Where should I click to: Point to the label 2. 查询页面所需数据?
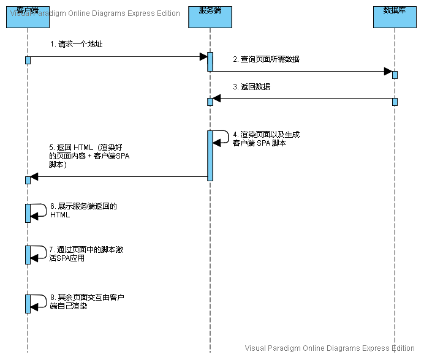(266, 59)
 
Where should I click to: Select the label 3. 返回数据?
(251, 87)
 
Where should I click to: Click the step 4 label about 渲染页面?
(266, 138)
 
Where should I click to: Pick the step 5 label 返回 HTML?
(89, 156)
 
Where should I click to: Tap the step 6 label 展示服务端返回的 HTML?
(83, 211)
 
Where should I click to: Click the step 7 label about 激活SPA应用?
(86, 253)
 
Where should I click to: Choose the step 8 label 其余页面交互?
(86, 301)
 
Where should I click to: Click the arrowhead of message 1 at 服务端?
(203, 57)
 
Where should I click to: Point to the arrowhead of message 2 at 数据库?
(388, 72)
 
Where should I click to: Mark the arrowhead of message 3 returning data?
(217, 99)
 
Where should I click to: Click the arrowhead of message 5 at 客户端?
(34, 177)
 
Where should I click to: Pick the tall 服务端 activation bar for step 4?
(210, 156)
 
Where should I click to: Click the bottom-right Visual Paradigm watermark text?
(330, 348)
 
